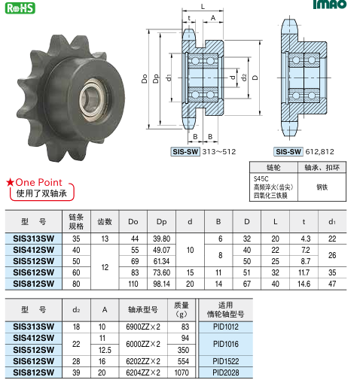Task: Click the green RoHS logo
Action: [x=20, y=8]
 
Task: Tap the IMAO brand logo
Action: [x=330, y=5]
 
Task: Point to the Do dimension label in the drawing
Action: [x=145, y=78]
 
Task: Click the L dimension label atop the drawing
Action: [x=203, y=7]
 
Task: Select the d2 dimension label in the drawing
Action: [x=244, y=78]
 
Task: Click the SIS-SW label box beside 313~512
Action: [x=185, y=152]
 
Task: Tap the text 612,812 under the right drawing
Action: [x=319, y=152]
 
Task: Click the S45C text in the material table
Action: [x=261, y=179]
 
